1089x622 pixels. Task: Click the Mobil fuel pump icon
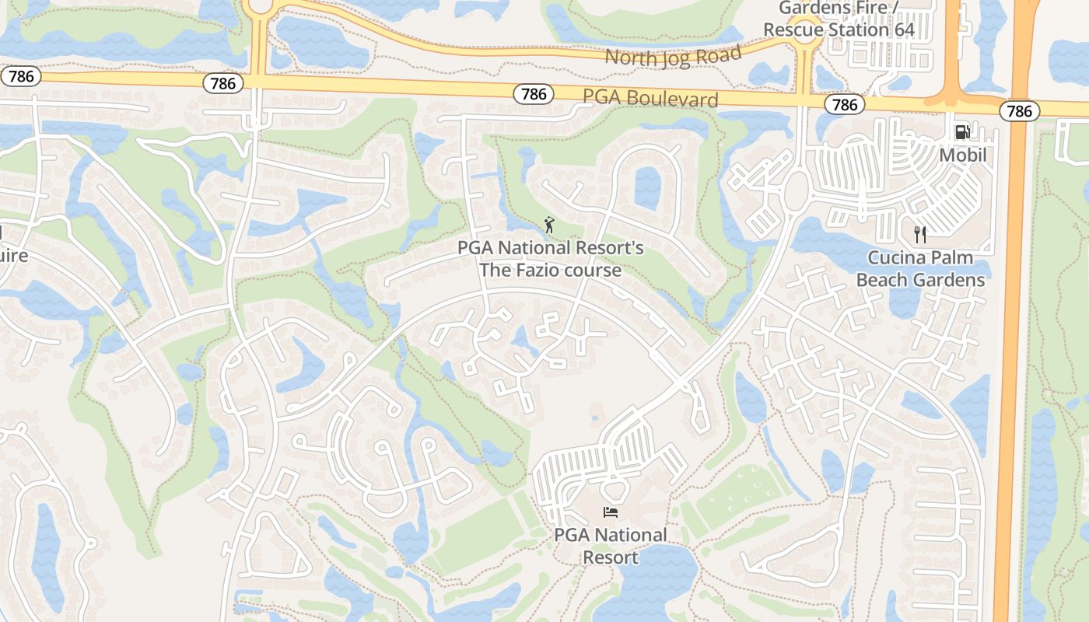click(962, 132)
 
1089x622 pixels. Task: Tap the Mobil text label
click(962, 155)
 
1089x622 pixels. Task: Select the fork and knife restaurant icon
click(920, 235)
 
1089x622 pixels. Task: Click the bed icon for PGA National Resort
click(611, 512)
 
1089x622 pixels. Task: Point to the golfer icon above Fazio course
click(550, 225)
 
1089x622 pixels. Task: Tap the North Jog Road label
click(673, 56)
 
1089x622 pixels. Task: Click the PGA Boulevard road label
click(650, 99)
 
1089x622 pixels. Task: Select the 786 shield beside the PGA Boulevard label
click(534, 94)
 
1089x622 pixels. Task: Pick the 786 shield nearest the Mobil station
click(1019, 111)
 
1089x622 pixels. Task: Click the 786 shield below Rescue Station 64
click(844, 104)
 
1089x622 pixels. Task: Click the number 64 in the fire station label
click(899, 30)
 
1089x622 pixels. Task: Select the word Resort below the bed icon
click(610, 557)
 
